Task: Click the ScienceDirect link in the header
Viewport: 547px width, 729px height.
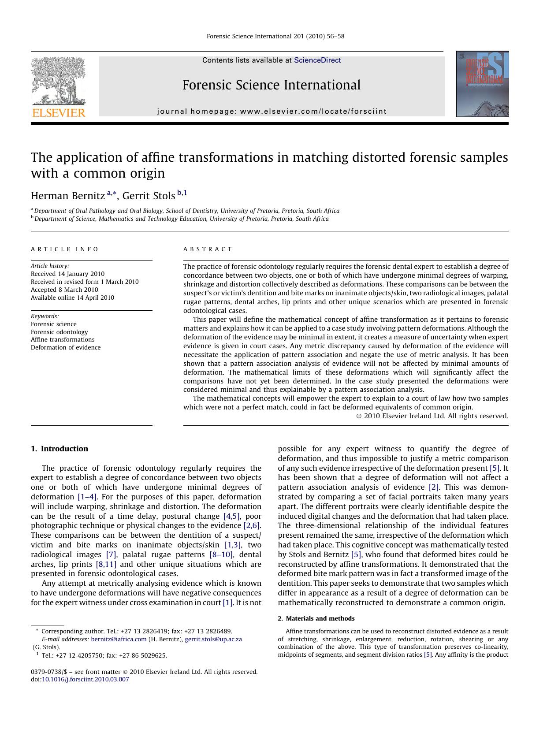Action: point(317,60)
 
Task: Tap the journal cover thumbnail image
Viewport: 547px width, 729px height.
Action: point(482,84)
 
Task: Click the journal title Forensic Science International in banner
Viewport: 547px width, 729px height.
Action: point(271,85)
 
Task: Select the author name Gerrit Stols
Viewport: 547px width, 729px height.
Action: point(149,196)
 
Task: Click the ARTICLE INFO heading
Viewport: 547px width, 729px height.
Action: point(65,249)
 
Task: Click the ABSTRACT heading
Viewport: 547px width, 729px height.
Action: point(208,249)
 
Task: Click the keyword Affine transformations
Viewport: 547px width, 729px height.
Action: point(63,339)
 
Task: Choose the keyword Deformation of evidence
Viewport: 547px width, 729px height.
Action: point(66,347)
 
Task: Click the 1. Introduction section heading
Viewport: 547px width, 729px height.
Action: point(60,449)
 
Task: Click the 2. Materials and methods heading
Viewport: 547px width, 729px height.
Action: point(316,618)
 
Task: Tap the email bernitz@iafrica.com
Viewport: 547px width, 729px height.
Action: point(119,639)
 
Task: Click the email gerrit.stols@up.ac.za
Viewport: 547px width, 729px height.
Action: point(213,639)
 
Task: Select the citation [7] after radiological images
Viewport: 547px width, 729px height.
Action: point(111,554)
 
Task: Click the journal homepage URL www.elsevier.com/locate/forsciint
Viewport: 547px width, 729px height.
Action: point(313,112)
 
